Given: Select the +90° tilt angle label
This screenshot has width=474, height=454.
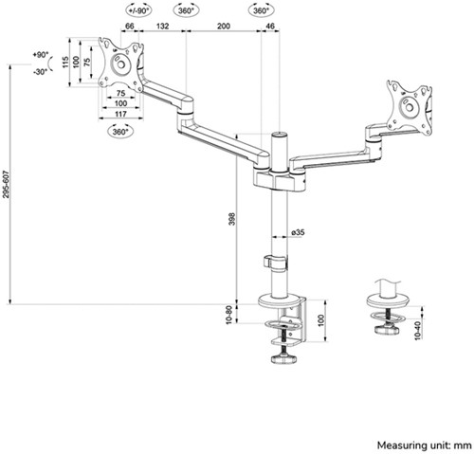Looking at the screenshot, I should [x=39, y=56].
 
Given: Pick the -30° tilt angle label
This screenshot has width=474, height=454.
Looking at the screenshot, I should [x=39, y=71].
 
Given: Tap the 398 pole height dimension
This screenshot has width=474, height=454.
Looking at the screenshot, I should [x=234, y=219].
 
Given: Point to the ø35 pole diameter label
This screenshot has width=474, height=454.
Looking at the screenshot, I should [x=297, y=232].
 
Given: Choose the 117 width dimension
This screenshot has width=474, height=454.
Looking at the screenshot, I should [x=120, y=114].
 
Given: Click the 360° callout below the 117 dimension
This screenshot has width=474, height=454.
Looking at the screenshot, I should [x=120, y=132].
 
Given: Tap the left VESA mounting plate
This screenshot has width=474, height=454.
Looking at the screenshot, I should [x=120, y=64].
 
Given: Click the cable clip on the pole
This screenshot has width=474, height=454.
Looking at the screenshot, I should [x=272, y=262].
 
